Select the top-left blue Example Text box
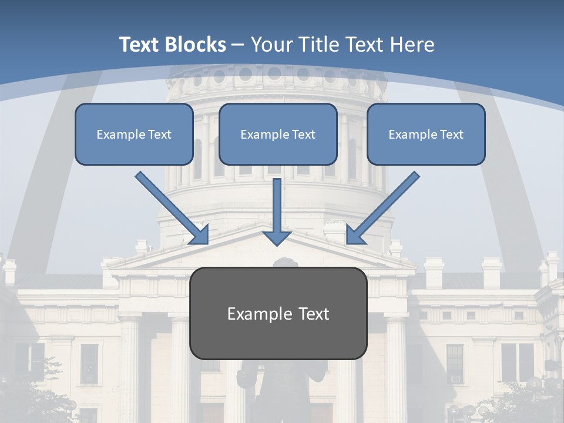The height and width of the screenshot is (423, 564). [134, 134]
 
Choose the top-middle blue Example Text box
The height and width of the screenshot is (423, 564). [278, 134]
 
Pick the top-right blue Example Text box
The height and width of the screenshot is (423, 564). [426, 134]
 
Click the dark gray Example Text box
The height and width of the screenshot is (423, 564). [278, 314]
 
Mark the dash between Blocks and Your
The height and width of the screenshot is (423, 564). [238, 45]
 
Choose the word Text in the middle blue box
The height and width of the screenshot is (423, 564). [304, 134]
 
